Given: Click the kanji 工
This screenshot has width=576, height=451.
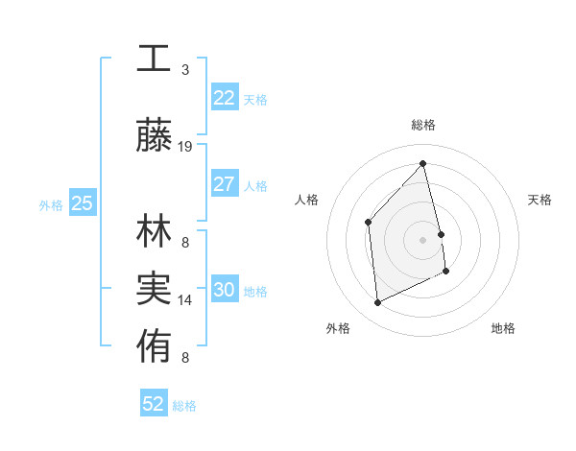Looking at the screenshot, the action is pyautogui.click(x=154, y=59).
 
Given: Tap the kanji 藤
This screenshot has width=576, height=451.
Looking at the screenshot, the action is pyautogui.click(x=154, y=137).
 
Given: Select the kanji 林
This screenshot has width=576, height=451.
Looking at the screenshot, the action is pyautogui.click(x=154, y=233).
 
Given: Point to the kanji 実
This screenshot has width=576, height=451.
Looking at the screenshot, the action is pyautogui.click(x=154, y=289).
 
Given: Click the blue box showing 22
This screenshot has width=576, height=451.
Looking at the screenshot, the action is pyautogui.click(x=224, y=98).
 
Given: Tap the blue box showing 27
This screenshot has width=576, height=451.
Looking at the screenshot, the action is pyautogui.click(x=224, y=184).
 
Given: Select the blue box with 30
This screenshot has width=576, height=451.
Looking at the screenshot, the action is pyautogui.click(x=224, y=291).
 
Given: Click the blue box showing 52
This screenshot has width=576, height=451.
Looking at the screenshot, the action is pyautogui.click(x=154, y=404).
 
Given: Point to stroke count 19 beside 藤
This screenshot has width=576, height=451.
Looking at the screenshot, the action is pyautogui.click(x=185, y=146).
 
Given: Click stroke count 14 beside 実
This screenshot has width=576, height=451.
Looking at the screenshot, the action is pyautogui.click(x=185, y=299).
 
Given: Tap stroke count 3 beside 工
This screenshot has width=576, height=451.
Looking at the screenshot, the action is pyautogui.click(x=185, y=69).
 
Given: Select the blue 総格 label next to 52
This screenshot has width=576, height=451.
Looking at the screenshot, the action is pyautogui.click(x=184, y=406).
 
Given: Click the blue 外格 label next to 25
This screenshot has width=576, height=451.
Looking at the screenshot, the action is pyautogui.click(x=51, y=204).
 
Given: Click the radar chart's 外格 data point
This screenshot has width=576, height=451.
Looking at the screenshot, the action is pyautogui.click(x=377, y=303).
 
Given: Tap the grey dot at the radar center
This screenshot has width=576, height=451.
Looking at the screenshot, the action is pyautogui.click(x=422, y=239).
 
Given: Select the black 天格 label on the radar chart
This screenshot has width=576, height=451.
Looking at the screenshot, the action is pyautogui.click(x=540, y=200).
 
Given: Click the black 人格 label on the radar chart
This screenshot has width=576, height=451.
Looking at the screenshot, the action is pyautogui.click(x=306, y=200).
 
